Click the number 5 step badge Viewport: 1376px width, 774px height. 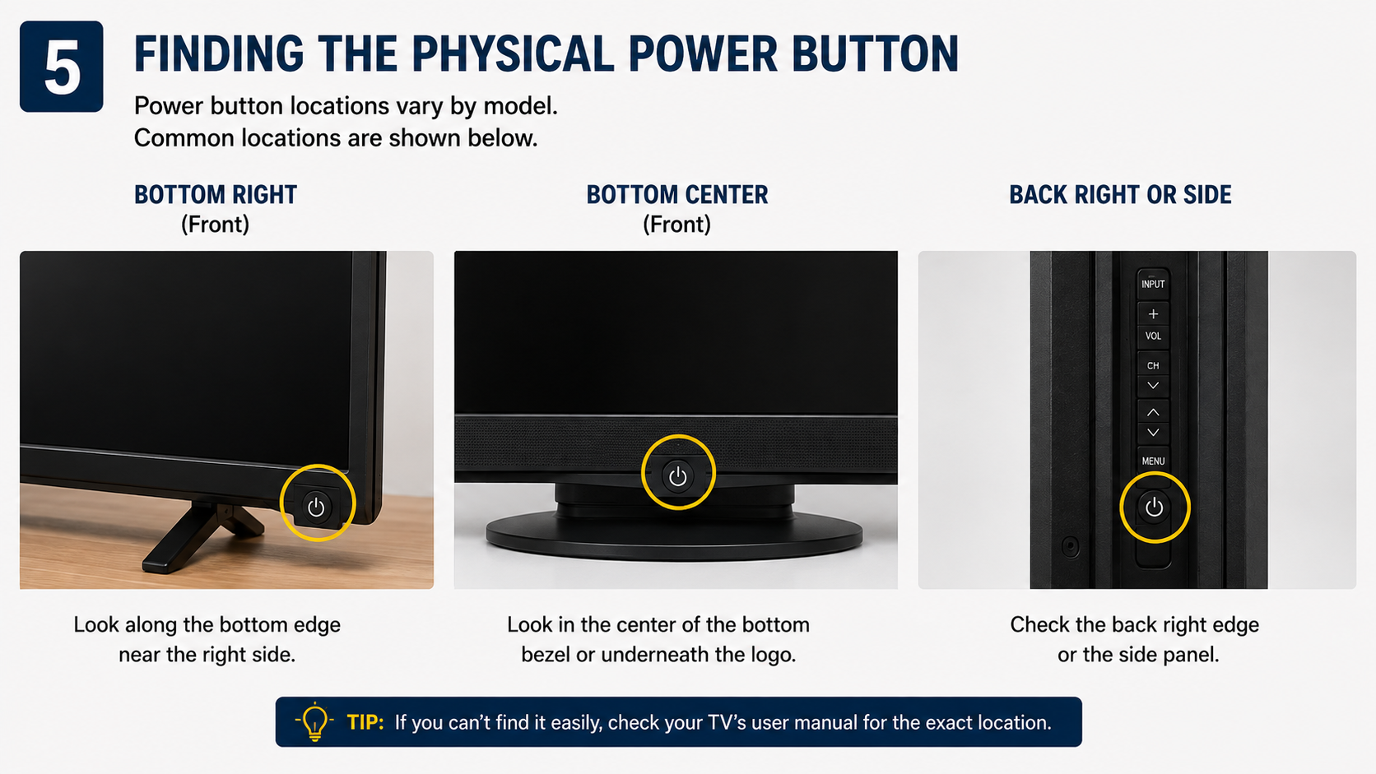pos(62,67)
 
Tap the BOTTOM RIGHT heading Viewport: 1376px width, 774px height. pos(216,195)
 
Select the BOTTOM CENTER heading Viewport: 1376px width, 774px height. pos(677,195)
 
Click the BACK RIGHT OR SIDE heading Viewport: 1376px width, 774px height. pos(1120,195)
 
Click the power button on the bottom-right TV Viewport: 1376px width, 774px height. pos(316,507)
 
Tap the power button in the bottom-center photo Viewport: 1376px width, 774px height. pos(677,475)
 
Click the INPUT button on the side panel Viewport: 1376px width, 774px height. pos(1153,285)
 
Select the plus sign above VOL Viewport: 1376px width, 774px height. pos(1153,314)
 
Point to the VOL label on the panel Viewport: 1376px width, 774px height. pos(1153,336)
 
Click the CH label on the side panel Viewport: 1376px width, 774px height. pos(1153,366)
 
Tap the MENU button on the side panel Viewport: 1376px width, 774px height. pos(1153,461)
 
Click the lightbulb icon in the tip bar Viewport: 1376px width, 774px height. pos(314,721)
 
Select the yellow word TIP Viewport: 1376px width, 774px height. pos(365,722)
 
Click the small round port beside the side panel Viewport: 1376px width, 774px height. pos(1070,545)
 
